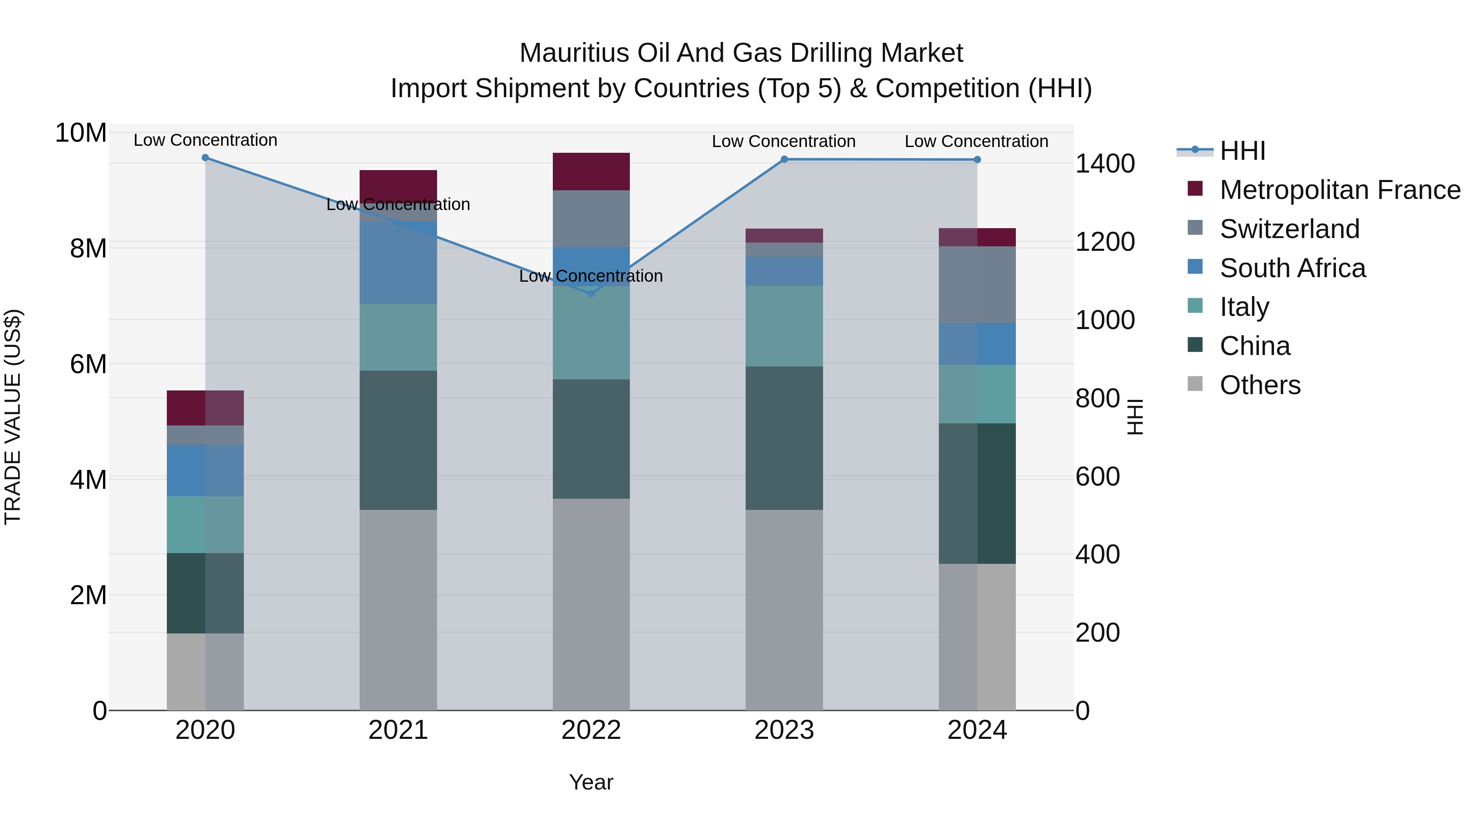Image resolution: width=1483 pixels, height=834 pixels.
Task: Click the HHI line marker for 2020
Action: [x=206, y=158]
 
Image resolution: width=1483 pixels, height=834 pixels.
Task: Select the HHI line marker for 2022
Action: [x=591, y=294]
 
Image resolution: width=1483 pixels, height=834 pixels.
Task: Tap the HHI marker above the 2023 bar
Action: [x=784, y=159]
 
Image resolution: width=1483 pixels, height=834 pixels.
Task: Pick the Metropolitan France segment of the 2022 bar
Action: [x=591, y=171]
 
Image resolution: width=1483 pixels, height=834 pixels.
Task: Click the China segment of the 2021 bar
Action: [x=398, y=440]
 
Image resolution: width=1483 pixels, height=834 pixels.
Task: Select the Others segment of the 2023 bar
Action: [x=784, y=610]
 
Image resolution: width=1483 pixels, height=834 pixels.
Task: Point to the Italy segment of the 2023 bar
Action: [x=784, y=326]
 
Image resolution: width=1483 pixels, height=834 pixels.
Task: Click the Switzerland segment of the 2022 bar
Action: [x=591, y=219]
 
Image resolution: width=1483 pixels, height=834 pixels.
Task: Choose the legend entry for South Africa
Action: [x=1292, y=268]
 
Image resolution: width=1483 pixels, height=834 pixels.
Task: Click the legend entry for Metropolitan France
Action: [x=1340, y=190]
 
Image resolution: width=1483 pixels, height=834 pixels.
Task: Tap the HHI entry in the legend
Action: [x=1242, y=151]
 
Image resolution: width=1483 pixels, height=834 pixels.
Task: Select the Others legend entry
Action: [x=1260, y=385]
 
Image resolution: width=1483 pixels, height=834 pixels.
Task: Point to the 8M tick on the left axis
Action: [x=88, y=249]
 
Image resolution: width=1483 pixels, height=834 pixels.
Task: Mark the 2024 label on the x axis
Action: [x=977, y=730]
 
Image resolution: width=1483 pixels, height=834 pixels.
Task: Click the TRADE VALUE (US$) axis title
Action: [x=13, y=417]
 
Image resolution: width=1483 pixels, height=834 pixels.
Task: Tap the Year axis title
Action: [x=591, y=782]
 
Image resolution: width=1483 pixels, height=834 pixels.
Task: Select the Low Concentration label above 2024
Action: [x=976, y=142]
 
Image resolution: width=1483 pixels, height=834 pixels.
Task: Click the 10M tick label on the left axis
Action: [x=81, y=133]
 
